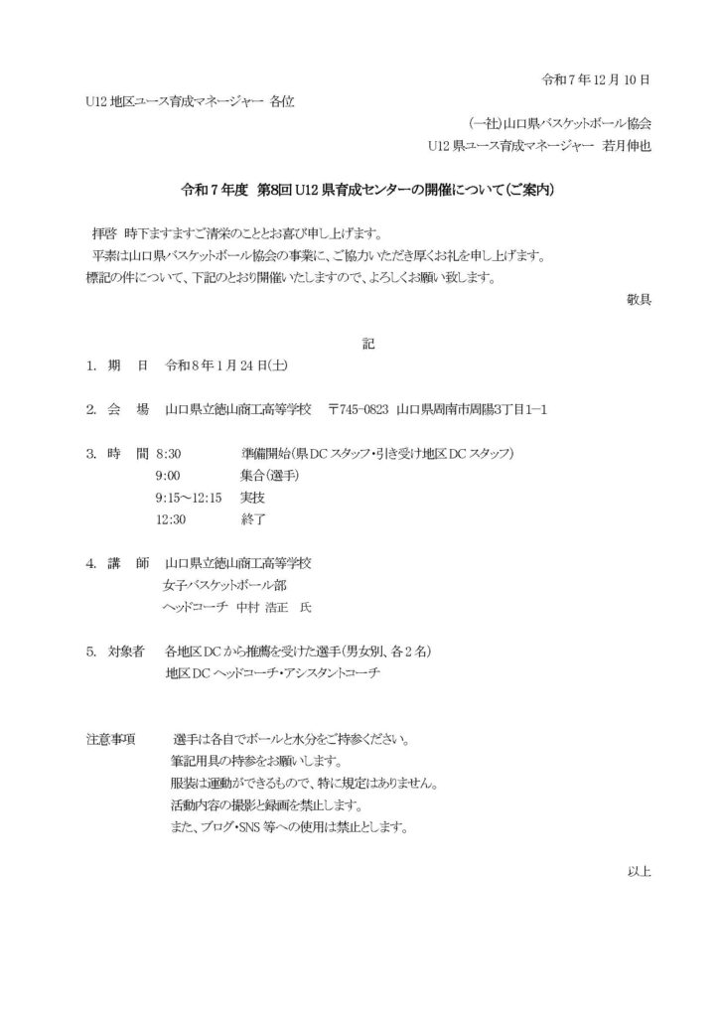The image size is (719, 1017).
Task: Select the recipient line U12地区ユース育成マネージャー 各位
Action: point(191,101)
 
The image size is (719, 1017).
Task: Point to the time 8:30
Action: point(169,454)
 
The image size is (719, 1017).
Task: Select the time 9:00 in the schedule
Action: point(168,476)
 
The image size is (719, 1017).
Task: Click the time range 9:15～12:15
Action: point(188,498)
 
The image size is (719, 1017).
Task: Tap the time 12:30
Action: point(171,519)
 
